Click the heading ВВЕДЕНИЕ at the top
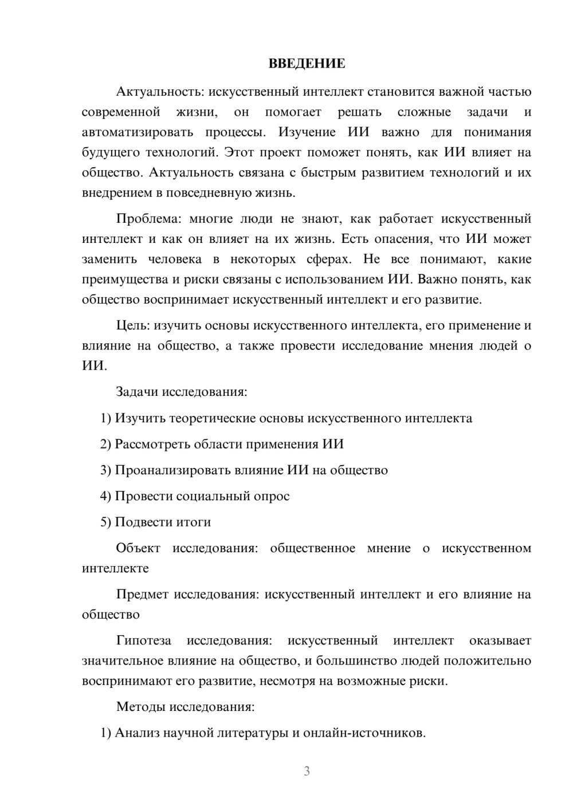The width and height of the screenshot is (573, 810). [307, 64]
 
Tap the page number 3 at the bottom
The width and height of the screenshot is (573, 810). [307, 771]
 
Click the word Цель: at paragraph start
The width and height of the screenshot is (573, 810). [133, 326]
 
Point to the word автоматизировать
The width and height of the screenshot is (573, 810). [138, 132]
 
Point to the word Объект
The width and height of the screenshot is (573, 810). [138, 548]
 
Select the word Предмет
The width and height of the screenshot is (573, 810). [142, 595]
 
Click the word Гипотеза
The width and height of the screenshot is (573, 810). [144, 640]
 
